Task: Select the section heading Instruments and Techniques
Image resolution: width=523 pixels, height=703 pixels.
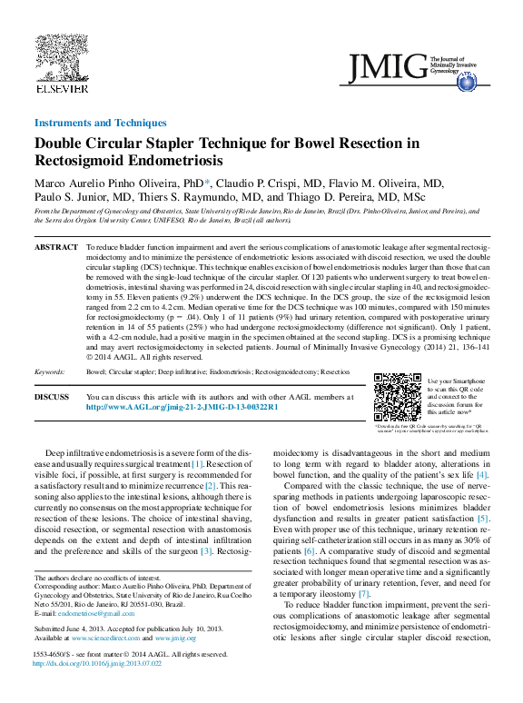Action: [100, 123]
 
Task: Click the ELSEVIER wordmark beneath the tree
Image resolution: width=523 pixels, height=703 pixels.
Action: [61, 88]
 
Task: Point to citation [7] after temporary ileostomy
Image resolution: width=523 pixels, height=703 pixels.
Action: [363, 593]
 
